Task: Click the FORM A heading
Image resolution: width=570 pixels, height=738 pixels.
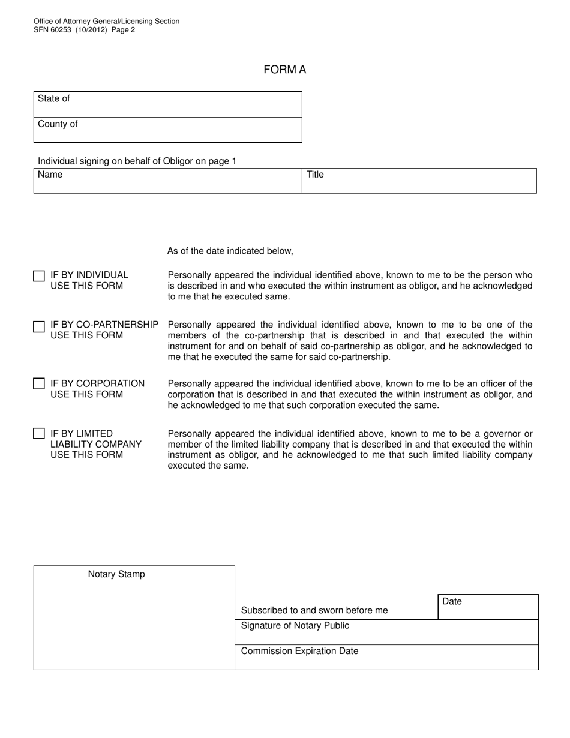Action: (x=284, y=70)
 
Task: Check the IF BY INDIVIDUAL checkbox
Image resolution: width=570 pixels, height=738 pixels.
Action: (x=39, y=276)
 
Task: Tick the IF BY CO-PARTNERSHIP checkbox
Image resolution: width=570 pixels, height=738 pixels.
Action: (x=39, y=326)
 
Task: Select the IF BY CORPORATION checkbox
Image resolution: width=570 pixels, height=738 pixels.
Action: (x=39, y=383)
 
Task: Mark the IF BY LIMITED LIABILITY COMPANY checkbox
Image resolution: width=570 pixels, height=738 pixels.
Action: (x=39, y=433)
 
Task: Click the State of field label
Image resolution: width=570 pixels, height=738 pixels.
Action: (x=53, y=98)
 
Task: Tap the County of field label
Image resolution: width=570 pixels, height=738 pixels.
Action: (x=58, y=124)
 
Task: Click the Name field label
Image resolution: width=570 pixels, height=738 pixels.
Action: (x=50, y=175)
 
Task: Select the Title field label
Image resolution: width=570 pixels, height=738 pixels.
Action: (x=315, y=175)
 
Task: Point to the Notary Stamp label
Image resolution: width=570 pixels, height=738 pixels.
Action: (x=116, y=574)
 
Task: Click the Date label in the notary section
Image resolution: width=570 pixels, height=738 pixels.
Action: (x=452, y=601)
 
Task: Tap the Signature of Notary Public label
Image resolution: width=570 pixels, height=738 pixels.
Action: (x=295, y=626)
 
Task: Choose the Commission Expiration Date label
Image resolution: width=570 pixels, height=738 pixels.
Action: (x=299, y=651)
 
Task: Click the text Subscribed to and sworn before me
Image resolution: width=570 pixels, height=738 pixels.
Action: (x=314, y=610)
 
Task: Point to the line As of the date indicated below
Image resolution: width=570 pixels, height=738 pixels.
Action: (x=230, y=251)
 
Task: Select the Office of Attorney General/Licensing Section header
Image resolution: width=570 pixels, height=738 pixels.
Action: (x=106, y=21)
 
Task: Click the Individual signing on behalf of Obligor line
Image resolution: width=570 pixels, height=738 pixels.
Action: (x=137, y=161)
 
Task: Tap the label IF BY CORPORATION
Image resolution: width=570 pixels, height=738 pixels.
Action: (x=97, y=383)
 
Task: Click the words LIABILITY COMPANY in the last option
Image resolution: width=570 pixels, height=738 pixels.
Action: (x=96, y=444)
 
